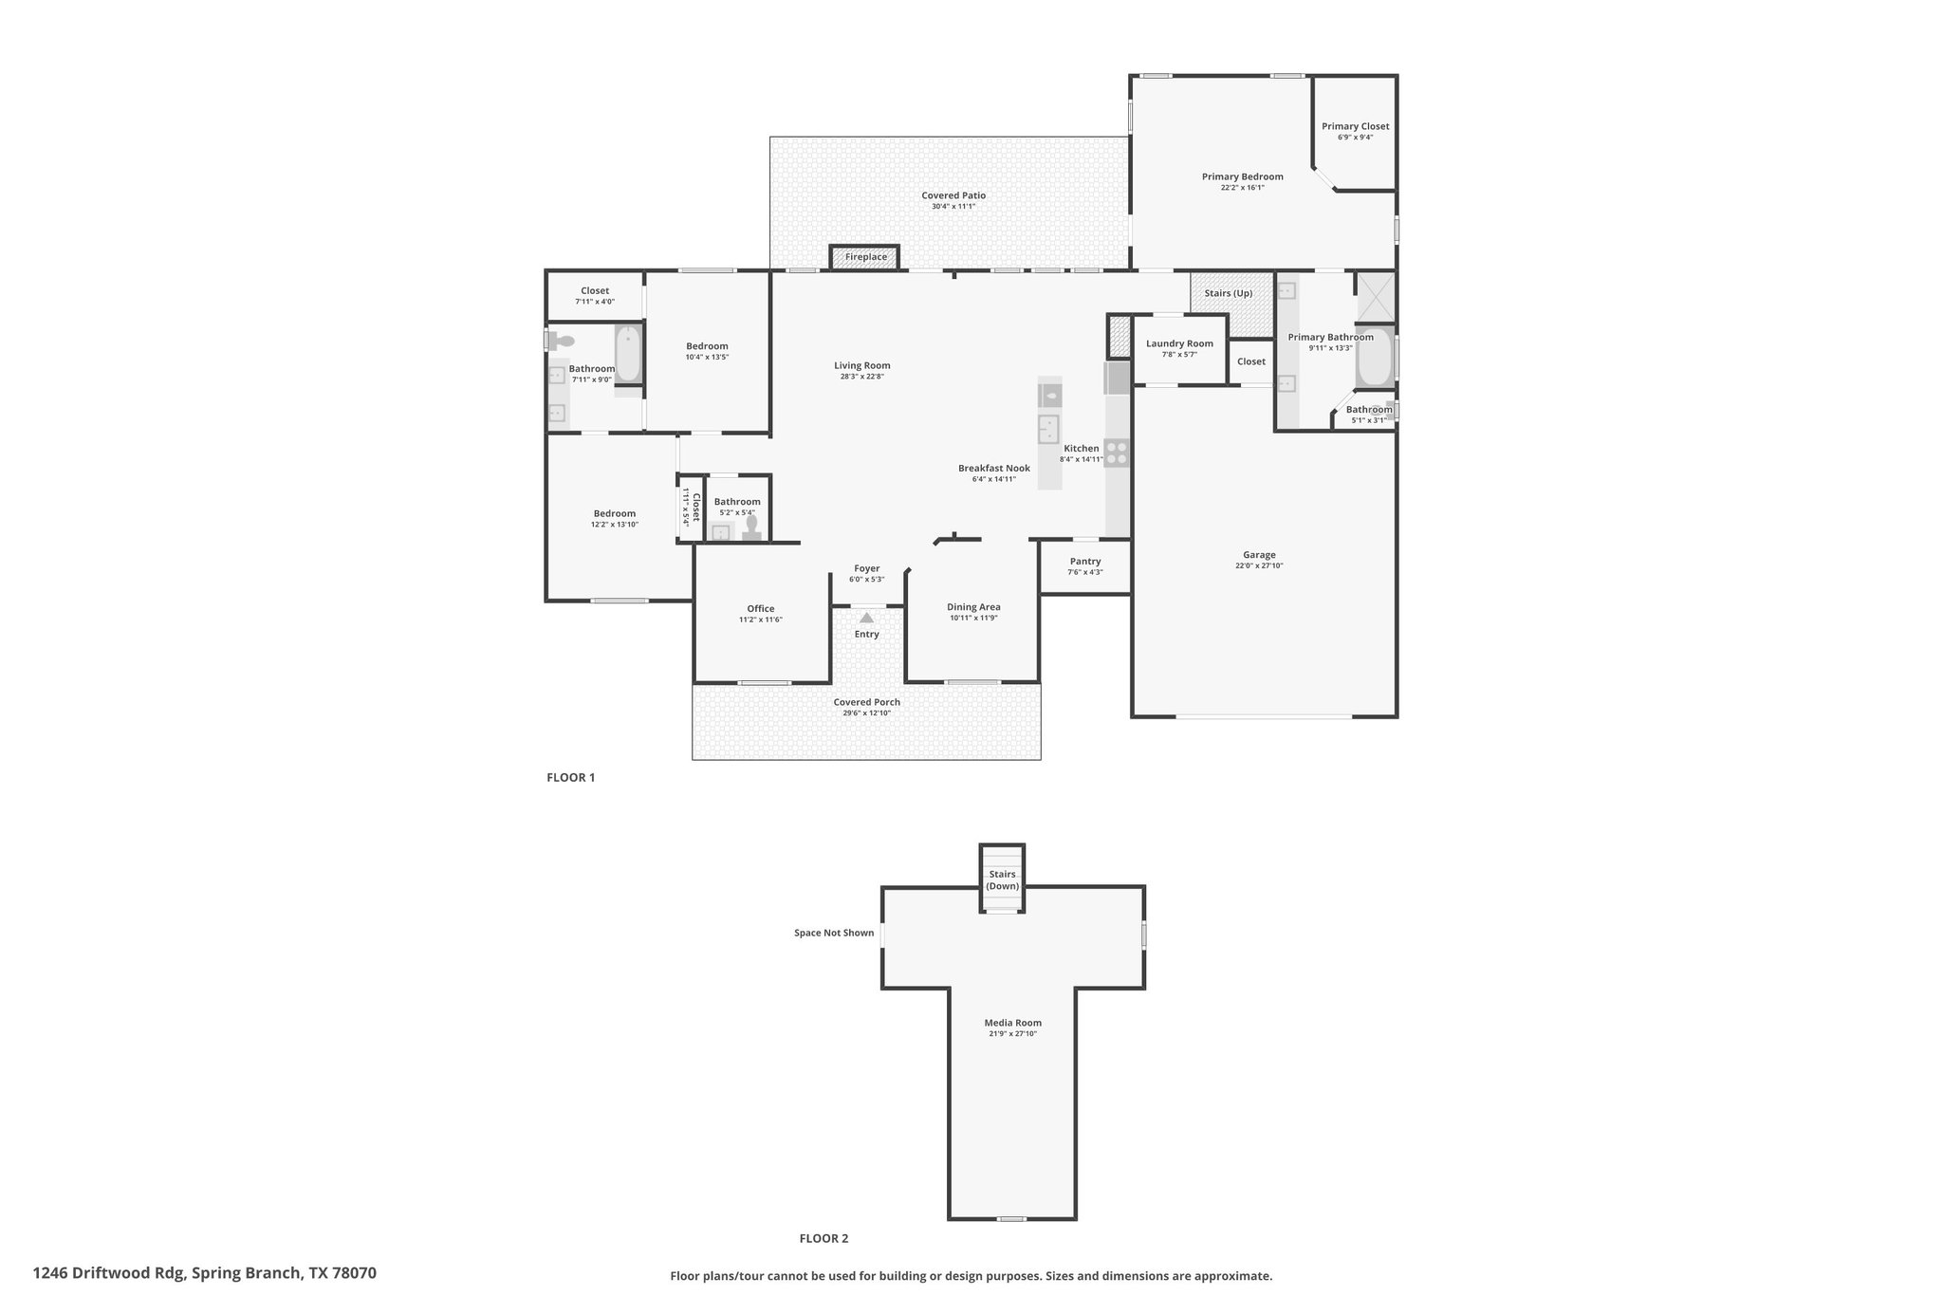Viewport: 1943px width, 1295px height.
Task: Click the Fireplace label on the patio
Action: [x=866, y=257]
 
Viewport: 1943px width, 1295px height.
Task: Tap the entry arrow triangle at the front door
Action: [x=866, y=618]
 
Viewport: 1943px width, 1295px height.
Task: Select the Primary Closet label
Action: [x=1355, y=126]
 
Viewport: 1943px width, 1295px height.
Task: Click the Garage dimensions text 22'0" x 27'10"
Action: [x=1259, y=566]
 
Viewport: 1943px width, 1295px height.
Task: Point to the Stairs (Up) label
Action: [x=1229, y=293]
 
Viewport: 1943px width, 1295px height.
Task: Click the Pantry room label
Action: [x=1085, y=562]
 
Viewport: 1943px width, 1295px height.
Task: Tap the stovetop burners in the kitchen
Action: [x=1118, y=453]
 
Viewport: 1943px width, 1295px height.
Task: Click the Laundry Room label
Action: [x=1179, y=343]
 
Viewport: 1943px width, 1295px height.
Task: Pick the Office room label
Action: [x=761, y=609]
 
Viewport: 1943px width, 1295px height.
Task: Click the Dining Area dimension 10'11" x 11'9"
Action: [x=973, y=619]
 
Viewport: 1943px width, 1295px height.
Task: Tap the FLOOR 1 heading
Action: [x=571, y=778]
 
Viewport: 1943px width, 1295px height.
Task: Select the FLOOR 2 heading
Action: [x=823, y=1238]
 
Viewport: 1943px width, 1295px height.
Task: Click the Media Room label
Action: [x=1012, y=1023]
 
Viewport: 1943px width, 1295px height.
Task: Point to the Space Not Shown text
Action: [x=834, y=933]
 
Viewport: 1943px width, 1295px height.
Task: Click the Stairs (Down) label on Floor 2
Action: [x=1002, y=880]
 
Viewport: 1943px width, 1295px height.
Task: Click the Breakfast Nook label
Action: [x=993, y=468]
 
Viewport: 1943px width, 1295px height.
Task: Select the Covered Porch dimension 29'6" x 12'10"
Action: [x=866, y=713]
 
